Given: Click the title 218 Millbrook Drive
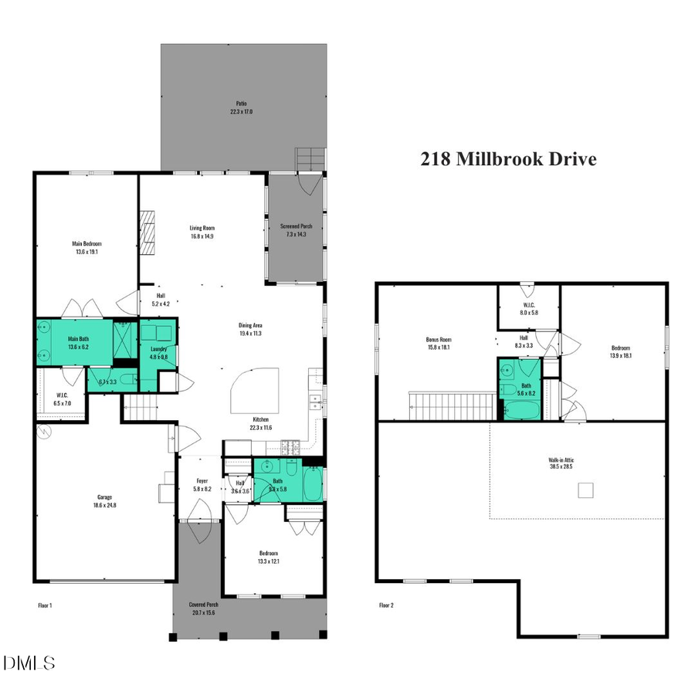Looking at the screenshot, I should [508, 159].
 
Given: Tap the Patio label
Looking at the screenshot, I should [241, 107].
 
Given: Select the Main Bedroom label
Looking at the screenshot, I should [86, 247].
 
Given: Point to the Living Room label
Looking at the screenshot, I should [202, 232].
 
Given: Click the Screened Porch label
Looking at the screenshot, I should [296, 230].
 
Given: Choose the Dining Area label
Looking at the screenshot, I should [254, 330].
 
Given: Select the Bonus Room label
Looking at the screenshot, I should [438, 344].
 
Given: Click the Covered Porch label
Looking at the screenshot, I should [204, 608].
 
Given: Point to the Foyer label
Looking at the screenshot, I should [200, 485].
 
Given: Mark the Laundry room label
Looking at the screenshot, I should [158, 353].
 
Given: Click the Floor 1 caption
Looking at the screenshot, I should [45, 605].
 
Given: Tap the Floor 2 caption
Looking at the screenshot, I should [386, 605].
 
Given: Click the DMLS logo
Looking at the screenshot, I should [29, 663].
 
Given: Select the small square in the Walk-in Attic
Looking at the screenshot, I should [588, 490].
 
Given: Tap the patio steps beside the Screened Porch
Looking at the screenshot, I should [310, 160].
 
